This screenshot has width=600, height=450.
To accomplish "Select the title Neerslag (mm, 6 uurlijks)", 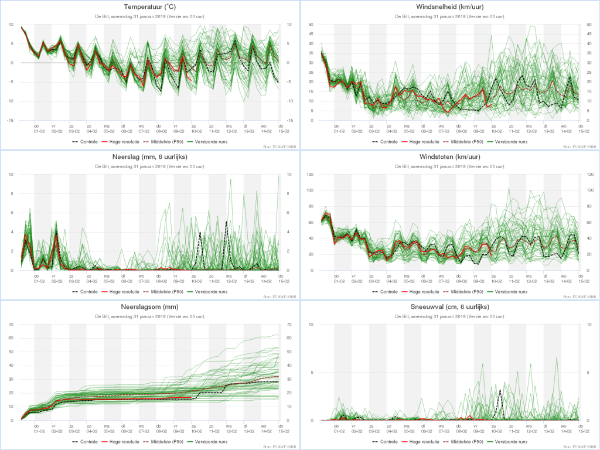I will (x=150, y=158).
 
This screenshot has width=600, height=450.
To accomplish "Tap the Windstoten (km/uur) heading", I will (x=449, y=158).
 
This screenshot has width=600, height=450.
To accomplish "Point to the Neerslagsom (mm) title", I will (x=150, y=307).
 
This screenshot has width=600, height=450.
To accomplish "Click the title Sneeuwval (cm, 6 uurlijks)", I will (x=449, y=307).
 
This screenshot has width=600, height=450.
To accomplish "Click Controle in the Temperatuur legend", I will (x=88, y=142).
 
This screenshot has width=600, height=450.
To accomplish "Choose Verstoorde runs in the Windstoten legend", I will (x=512, y=291).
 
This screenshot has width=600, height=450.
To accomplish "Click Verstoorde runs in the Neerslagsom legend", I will (x=212, y=441).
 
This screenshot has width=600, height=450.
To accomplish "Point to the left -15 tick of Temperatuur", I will (x=9, y=120).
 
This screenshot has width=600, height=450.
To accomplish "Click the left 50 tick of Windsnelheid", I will (x=311, y=25).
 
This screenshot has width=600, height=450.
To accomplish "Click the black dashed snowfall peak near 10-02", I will (x=500, y=390).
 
